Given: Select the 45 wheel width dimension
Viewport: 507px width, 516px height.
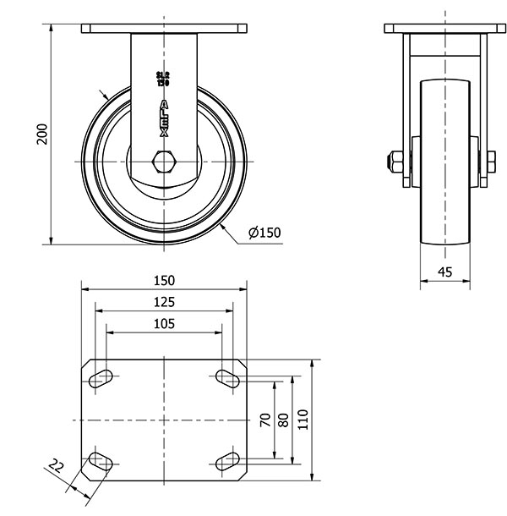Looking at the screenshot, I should tap(445, 272).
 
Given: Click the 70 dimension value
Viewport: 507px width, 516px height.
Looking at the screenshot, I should tap(264, 420).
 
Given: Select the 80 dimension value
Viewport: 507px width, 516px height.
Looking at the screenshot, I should tap(283, 420).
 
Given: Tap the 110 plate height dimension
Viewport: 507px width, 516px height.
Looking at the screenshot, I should tap(303, 420).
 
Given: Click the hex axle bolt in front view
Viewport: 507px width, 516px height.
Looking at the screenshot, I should tap(164, 161).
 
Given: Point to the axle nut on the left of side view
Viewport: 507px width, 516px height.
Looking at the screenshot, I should tap(395, 161).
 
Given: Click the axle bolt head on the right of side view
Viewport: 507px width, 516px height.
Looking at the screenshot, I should tap(490, 161).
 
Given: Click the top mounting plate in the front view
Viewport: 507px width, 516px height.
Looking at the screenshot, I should tap(164, 29).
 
